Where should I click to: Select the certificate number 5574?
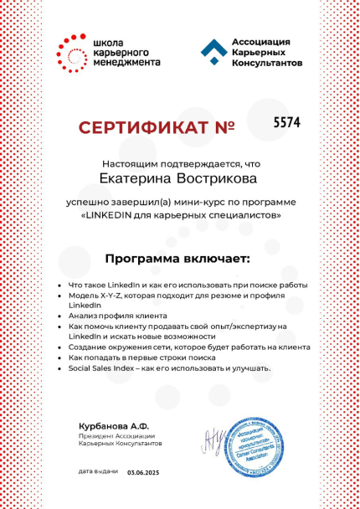(286, 122)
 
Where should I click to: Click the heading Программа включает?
(179, 257)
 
